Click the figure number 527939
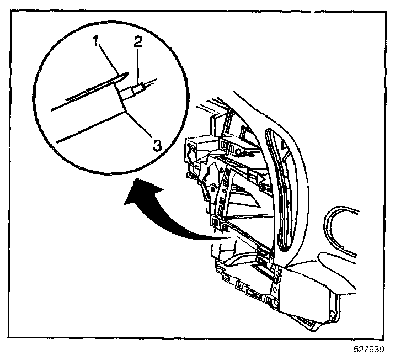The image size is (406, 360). pyautogui.click(x=370, y=350)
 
